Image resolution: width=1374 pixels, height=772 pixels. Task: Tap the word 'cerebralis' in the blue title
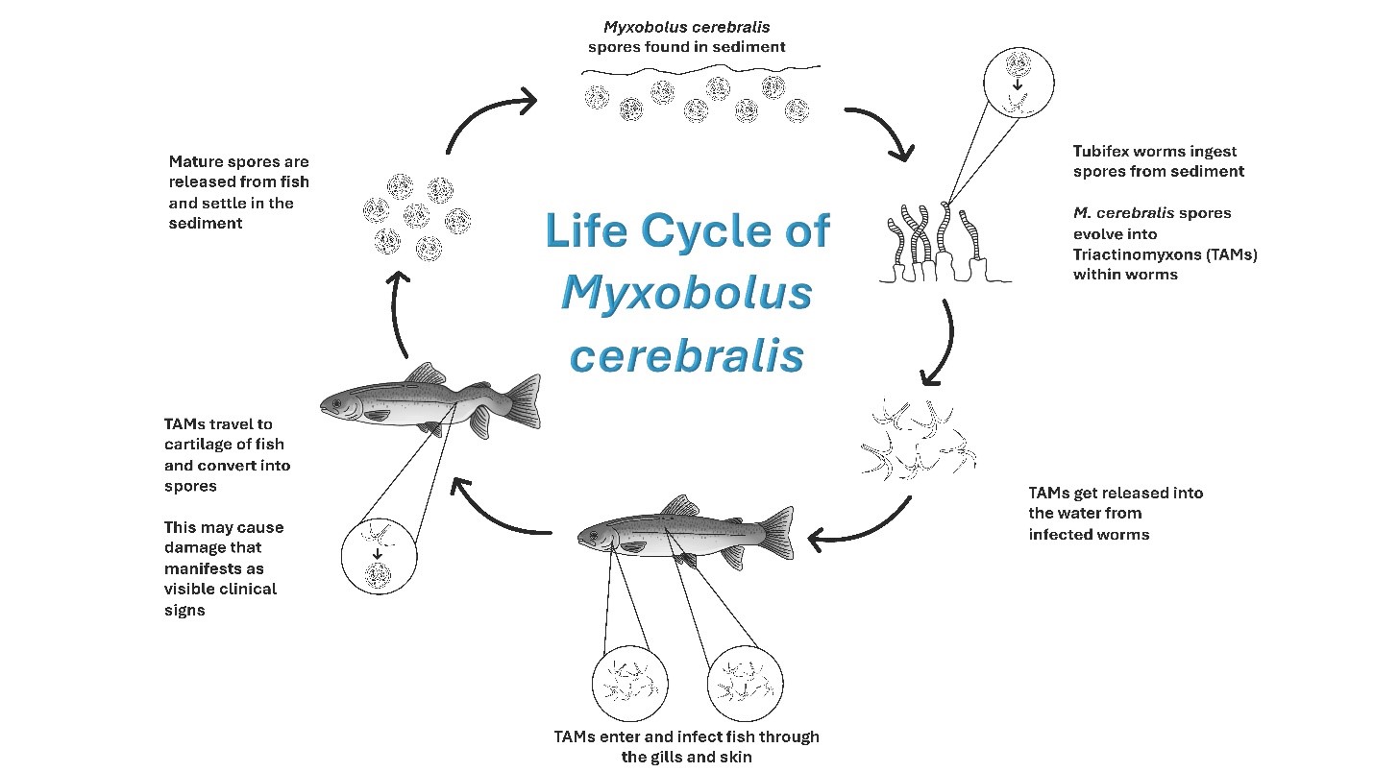[686, 356]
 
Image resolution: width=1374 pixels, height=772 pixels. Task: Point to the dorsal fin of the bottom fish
[681, 505]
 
